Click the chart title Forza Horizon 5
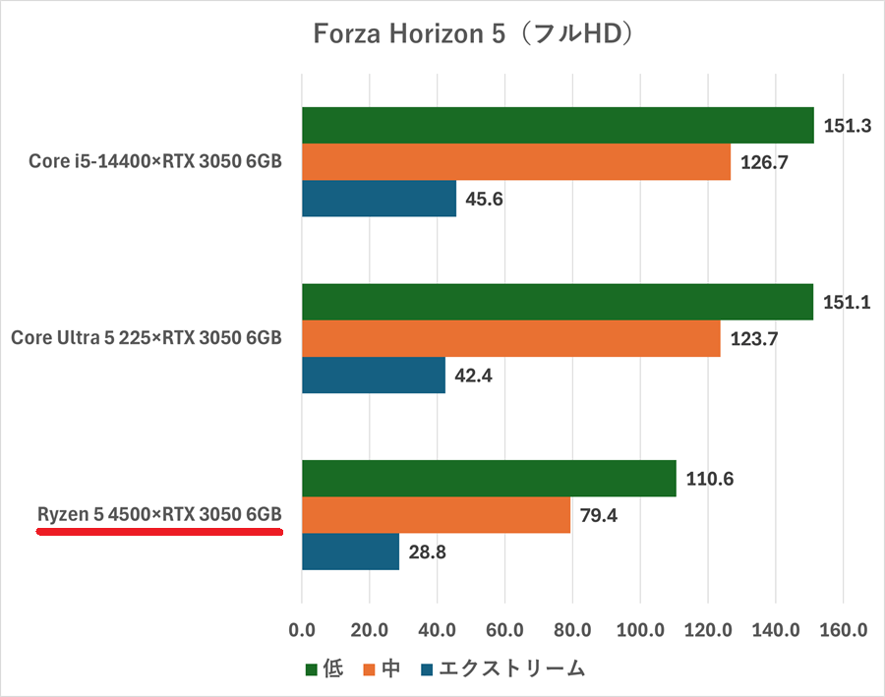pos(472,34)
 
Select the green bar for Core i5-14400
pos(558,125)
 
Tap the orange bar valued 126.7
pos(516,162)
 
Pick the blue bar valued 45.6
pos(379,199)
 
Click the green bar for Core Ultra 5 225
pos(558,302)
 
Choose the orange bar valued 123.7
pos(511,338)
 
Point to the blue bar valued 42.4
pos(374,375)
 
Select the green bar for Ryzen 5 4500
pos(489,479)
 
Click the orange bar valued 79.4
pos(436,515)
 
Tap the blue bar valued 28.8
pos(350,552)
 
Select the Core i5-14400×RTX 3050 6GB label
pos(155,161)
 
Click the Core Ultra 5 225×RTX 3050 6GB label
pos(147,338)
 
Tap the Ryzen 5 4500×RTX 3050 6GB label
pos(159,515)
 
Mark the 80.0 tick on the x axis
pos(572,630)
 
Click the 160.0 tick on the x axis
pos(843,630)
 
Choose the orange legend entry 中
pos(390,669)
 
